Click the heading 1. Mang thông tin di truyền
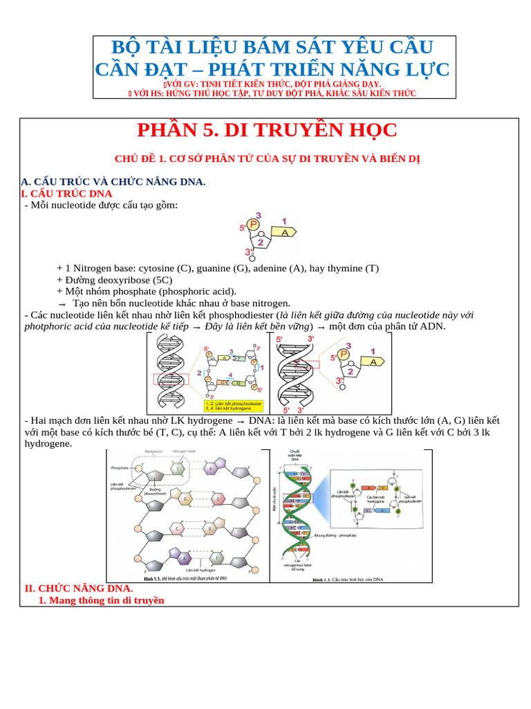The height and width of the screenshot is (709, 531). (x=101, y=600)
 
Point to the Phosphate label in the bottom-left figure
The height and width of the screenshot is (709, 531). (x=120, y=468)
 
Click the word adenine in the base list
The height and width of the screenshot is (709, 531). (x=270, y=268)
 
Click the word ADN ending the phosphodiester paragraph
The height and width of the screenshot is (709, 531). (x=432, y=327)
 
